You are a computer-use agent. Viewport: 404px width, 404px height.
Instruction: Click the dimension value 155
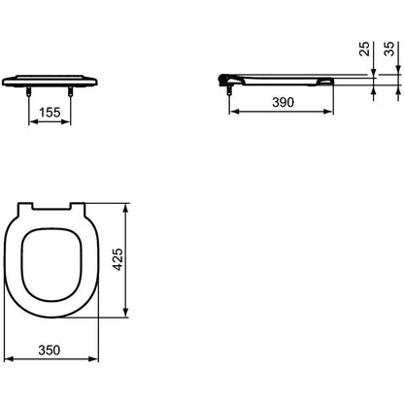[50, 113]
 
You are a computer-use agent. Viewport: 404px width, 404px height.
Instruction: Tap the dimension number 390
[283, 102]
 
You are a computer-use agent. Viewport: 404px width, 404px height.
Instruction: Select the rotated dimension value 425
[118, 259]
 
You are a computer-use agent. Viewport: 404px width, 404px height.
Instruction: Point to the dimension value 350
[50, 350]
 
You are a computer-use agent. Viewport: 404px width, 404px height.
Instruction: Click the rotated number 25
[365, 49]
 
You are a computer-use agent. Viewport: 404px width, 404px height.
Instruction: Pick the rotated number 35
[389, 49]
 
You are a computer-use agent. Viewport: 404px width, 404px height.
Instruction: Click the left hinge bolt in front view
[29, 91]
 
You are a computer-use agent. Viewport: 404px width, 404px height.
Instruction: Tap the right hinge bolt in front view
[70, 91]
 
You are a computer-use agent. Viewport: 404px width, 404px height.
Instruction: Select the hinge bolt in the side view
[229, 89]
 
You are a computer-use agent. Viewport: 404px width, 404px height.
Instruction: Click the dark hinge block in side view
[223, 80]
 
